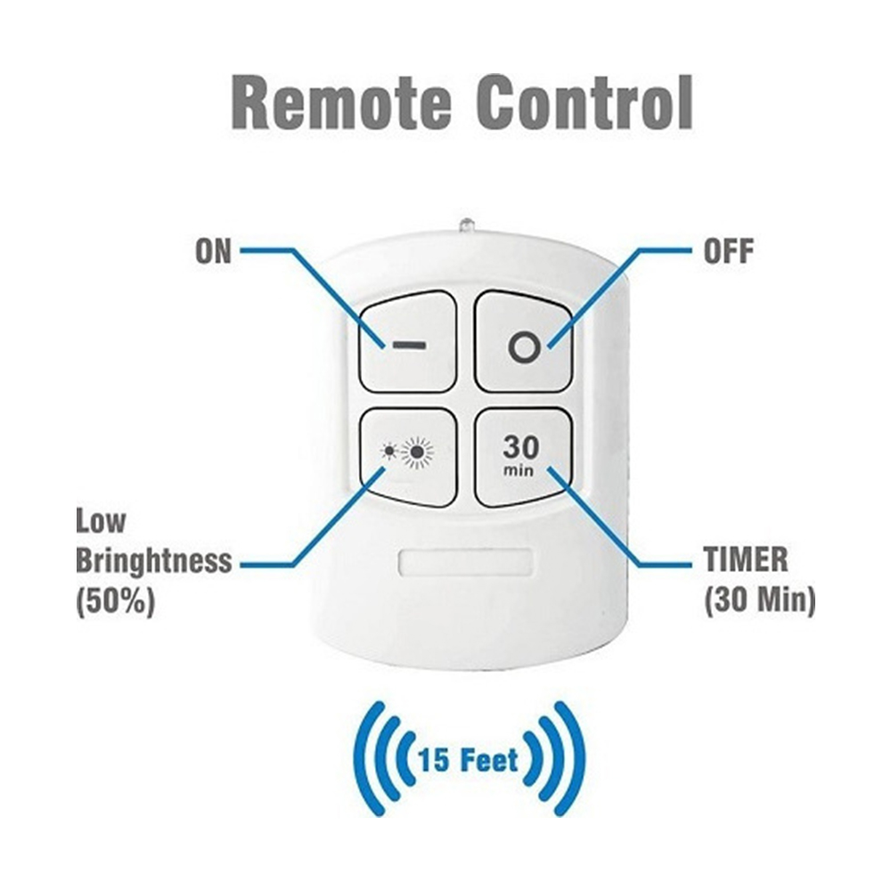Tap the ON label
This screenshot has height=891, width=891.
coord(213,251)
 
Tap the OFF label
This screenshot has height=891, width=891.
coord(729,251)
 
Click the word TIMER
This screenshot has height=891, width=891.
coord(746,560)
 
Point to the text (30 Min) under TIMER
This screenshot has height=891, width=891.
coord(760,600)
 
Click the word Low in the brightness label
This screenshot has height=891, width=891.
coord(101,520)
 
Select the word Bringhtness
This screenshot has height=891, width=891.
coord(154,561)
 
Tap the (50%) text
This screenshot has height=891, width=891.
coord(115,601)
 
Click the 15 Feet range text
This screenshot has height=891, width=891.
coord(469,760)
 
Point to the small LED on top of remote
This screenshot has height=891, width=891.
coord(467,224)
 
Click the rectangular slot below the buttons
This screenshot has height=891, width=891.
coord(466,562)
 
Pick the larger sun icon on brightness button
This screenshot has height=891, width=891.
coord(418,453)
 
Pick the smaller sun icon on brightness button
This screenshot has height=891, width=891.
coord(390,452)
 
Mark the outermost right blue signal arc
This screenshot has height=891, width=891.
coord(570,759)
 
